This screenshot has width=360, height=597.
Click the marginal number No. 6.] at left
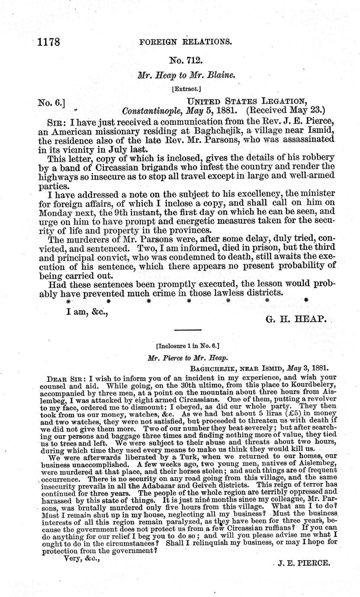51,103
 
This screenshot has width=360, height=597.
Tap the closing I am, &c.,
84,310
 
